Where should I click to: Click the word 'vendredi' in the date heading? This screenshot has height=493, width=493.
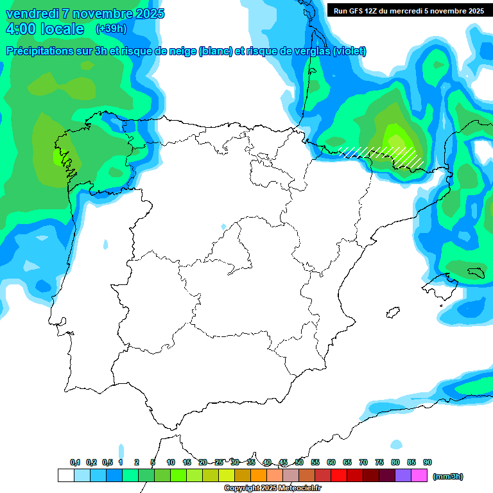coord(33,13)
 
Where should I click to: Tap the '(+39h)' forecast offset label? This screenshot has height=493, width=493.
coord(111,29)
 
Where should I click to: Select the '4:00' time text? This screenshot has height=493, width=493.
coord(20,29)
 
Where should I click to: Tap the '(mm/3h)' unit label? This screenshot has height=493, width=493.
coord(448,476)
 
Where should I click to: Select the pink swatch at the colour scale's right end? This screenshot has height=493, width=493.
coord(419,476)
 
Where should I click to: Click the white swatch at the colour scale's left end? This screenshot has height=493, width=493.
coord(65,476)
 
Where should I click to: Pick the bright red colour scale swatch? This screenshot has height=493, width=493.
coord(339,476)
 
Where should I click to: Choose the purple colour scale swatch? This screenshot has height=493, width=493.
coord(403,476)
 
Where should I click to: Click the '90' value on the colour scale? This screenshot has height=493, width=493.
coord(428,462)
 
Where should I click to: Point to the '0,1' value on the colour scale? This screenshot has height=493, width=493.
coord(75,462)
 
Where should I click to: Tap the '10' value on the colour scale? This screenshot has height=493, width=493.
coord(171,462)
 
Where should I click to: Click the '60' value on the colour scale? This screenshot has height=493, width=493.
coord(331,462)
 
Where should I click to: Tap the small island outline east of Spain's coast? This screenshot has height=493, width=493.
coord(393,313)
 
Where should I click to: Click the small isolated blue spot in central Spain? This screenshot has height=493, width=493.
coord(223,227)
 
